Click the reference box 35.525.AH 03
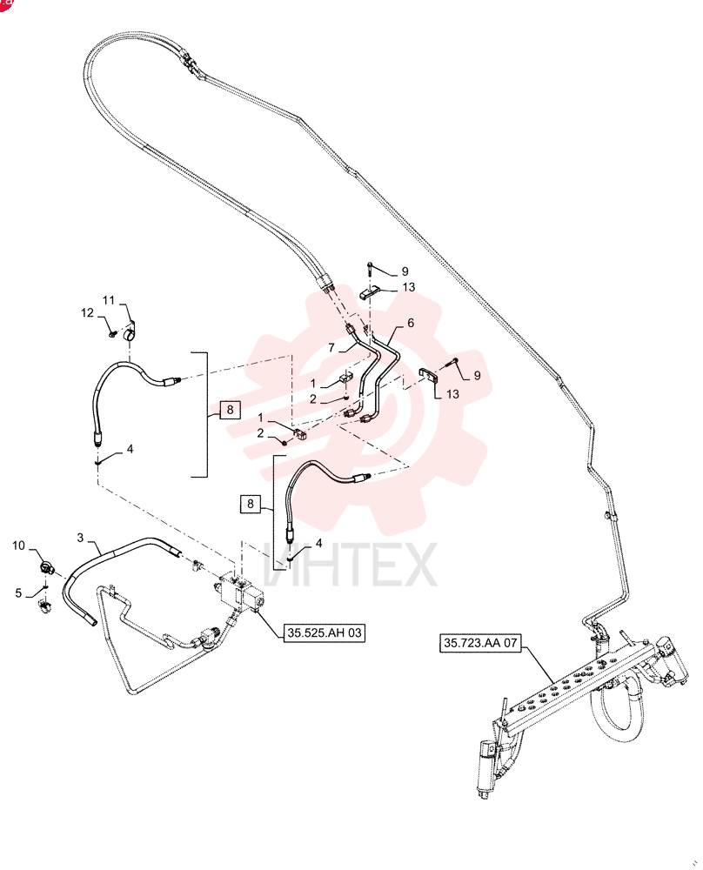[325, 632]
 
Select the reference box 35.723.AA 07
[480, 643]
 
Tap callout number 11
[109, 300]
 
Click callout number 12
[88, 313]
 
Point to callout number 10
[19, 545]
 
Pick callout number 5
[18, 593]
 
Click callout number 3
[80, 537]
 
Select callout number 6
[411, 323]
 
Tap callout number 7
[331, 348]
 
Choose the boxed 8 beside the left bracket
[231, 410]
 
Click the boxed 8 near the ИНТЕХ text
[251, 504]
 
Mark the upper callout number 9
[405, 271]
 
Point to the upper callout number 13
[409, 287]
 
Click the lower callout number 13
[452, 394]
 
